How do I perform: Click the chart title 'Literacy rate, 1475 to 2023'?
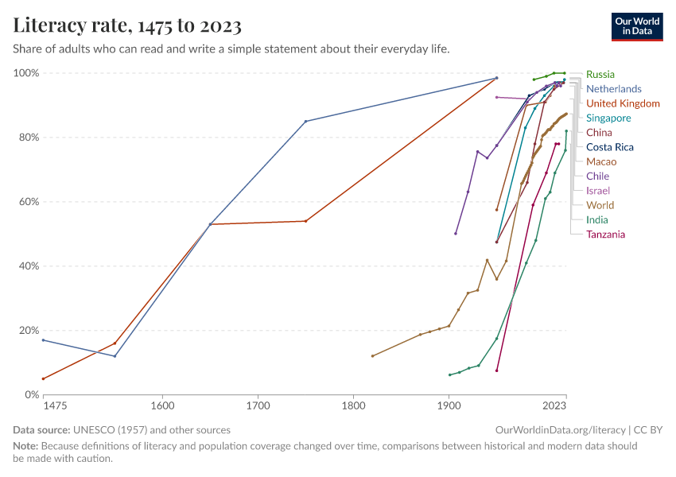(x=127, y=25)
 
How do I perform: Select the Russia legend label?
(x=600, y=75)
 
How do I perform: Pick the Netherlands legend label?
(x=613, y=89)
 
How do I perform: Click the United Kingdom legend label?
(x=623, y=103)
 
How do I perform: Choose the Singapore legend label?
(x=608, y=118)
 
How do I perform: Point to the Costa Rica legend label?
(x=610, y=147)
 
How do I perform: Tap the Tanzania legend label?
(x=605, y=235)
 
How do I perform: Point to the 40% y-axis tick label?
(x=29, y=266)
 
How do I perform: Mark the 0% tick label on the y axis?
(x=32, y=394)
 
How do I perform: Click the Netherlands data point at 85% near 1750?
(x=305, y=121)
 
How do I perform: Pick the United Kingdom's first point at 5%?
(x=43, y=378)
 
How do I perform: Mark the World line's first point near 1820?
(x=372, y=355)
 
